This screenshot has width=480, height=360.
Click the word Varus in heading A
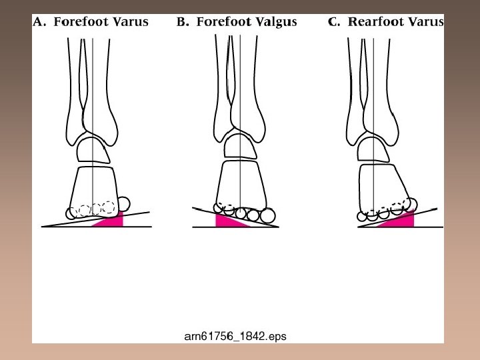[x=131, y=22]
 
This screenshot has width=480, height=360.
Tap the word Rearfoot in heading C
[x=377, y=22]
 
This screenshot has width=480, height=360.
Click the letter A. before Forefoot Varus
[x=41, y=22]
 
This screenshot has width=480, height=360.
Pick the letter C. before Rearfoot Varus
[x=335, y=22]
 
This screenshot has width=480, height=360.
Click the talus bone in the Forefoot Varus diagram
[x=93, y=150]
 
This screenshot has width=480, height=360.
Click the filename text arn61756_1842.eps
[x=235, y=337]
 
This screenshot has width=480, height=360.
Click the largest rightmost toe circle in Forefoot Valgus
[x=267, y=215]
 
